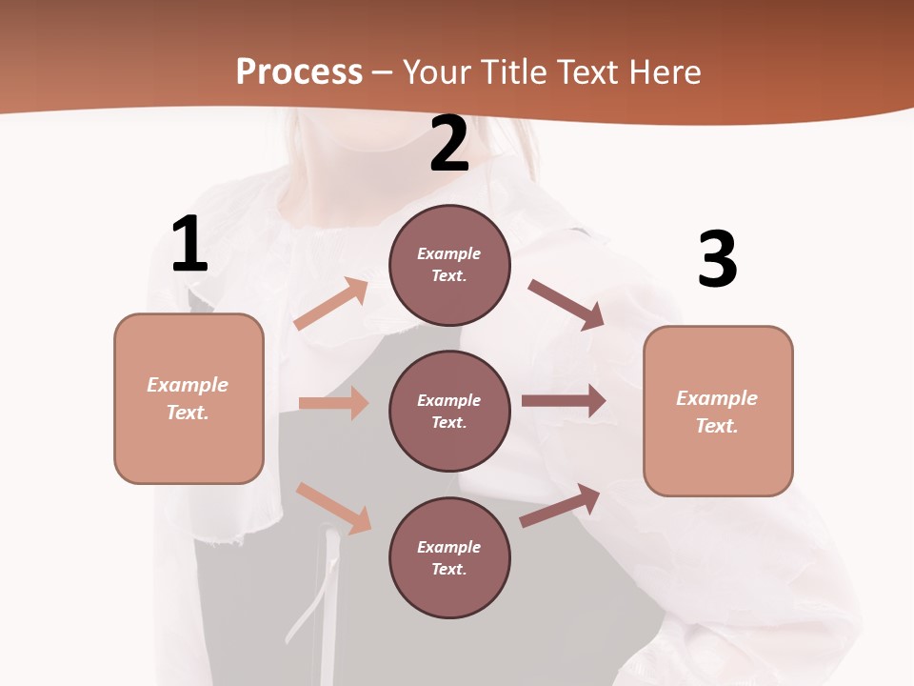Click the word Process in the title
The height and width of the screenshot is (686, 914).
(x=299, y=72)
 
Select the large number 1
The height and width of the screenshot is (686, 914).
(x=189, y=245)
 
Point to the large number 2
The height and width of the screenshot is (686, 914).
(x=449, y=144)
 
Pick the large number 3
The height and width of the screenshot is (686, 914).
(x=717, y=260)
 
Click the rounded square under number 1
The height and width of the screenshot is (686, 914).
(x=189, y=398)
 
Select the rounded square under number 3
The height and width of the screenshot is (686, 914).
(x=718, y=412)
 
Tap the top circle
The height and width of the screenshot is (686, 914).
(x=449, y=265)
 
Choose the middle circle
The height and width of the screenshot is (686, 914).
(x=449, y=411)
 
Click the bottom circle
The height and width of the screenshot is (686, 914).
(x=449, y=557)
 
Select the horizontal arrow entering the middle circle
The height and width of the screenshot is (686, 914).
(x=333, y=403)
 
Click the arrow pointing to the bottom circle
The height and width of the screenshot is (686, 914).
(x=333, y=508)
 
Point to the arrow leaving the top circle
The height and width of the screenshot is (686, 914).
(x=566, y=304)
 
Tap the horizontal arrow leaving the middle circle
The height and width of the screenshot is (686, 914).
(x=564, y=401)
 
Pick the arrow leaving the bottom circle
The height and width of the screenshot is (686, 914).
(x=560, y=506)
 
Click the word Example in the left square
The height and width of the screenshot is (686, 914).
(x=188, y=385)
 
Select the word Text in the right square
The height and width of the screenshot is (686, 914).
(x=716, y=426)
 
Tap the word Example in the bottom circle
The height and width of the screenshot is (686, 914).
(x=449, y=547)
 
